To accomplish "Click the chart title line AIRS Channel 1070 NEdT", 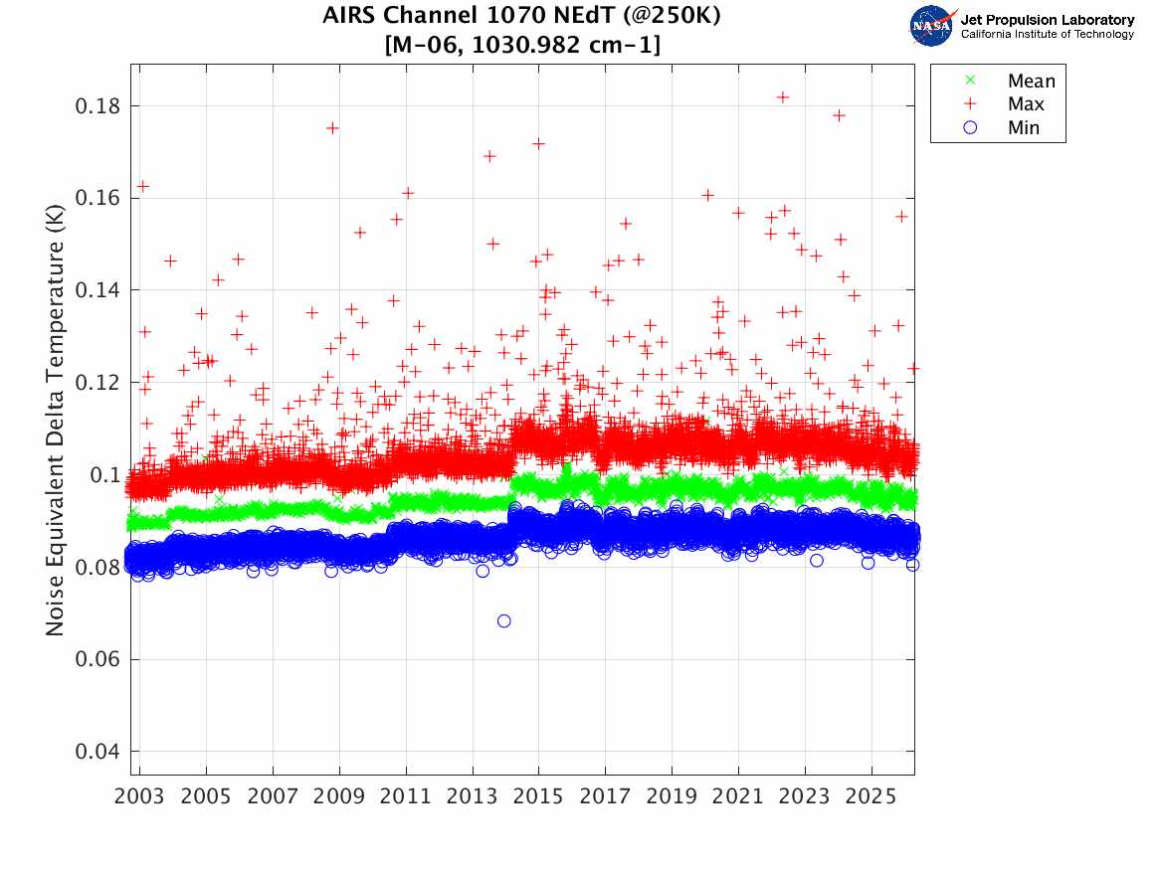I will [521, 17].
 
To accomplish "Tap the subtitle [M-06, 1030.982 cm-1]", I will [521, 45].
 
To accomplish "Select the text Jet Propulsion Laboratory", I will [1047, 20].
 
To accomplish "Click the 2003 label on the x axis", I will [139, 797].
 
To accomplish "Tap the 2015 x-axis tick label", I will [538, 797].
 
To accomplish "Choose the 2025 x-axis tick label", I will [871, 797].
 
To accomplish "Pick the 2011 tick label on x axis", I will [406, 797].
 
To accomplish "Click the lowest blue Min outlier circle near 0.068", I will [504, 621].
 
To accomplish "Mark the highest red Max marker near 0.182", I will [783, 96].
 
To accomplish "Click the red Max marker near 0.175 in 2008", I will [332, 127].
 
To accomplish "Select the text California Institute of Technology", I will [1047, 35].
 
